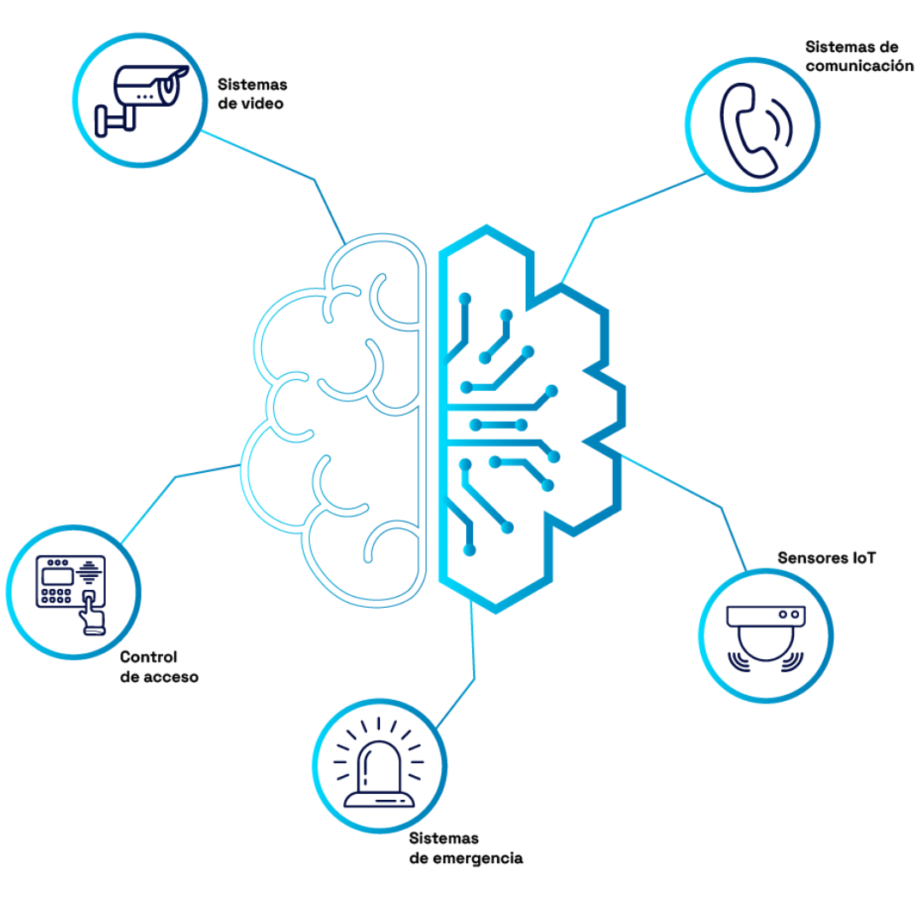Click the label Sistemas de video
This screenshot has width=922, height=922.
(x=252, y=94)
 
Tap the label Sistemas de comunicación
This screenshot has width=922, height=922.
(x=859, y=55)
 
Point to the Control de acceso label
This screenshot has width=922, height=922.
(x=159, y=667)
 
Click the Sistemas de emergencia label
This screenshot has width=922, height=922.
(x=466, y=848)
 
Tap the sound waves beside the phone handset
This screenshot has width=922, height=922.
(x=780, y=125)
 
